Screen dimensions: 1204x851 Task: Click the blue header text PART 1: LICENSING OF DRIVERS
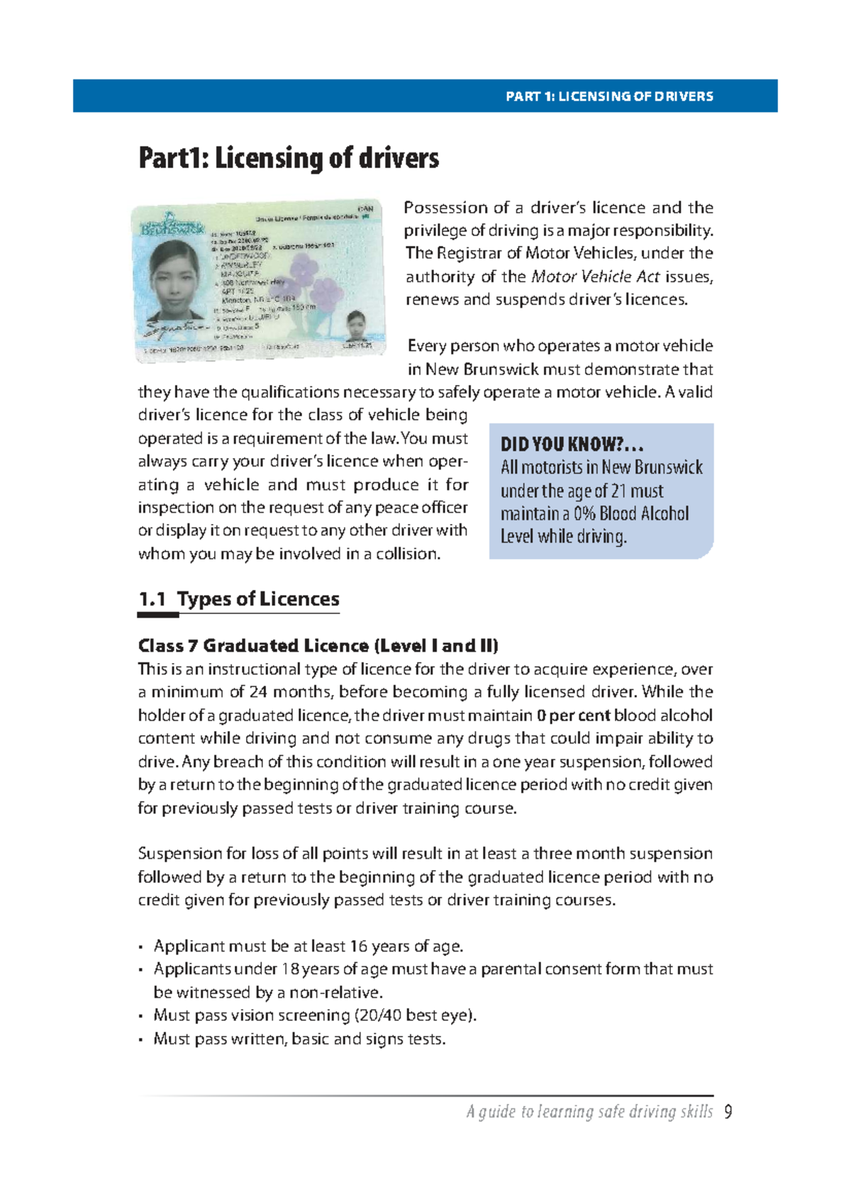[x=609, y=96]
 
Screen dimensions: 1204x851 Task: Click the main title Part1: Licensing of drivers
[x=289, y=158]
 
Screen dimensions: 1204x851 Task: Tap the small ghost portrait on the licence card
[x=355, y=327]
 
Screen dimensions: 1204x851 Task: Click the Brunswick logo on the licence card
[x=172, y=225]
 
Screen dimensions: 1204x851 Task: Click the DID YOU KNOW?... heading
[x=572, y=445]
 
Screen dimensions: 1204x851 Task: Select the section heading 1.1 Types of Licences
[x=239, y=599]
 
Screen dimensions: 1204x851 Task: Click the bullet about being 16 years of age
[x=308, y=947]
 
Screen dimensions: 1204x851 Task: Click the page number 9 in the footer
[x=728, y=1112]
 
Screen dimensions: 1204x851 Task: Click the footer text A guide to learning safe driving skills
[x=589, y=1112]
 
